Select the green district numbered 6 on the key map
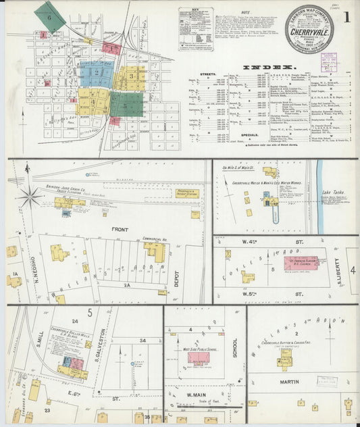point(49,16)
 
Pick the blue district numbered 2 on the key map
point(97,71)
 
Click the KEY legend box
point(195,28)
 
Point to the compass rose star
point(30,197)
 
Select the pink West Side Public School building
point(199,357)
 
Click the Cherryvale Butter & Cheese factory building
point(286,358)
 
